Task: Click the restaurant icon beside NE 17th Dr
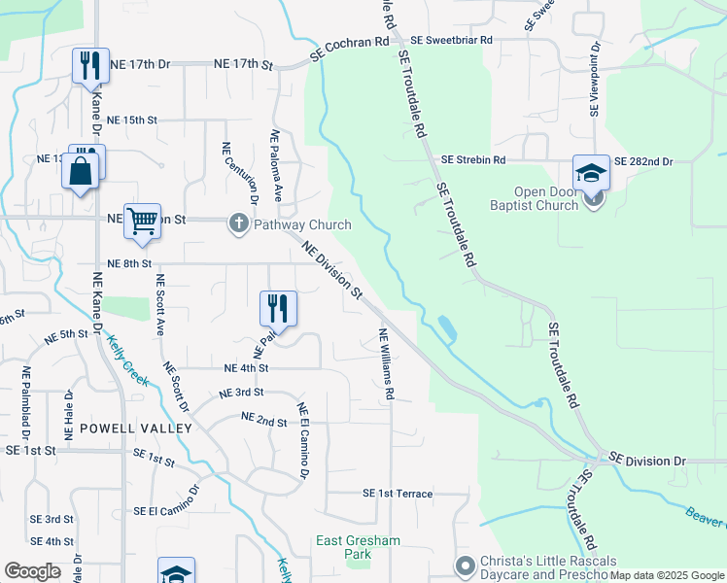(90, 65)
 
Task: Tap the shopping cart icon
(142, 221)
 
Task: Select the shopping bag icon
(80, 174)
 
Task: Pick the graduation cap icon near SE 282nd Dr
(590, 172)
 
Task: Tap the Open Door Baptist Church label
(560, 198)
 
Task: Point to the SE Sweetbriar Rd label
(451, 41)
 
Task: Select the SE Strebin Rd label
(473, 159)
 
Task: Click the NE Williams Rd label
(386, 364)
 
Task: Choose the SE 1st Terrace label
(398, 494)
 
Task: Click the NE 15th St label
(132, 120)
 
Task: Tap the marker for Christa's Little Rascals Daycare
(465, 565)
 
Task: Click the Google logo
(32, 571)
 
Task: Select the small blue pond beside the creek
(446, 328)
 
